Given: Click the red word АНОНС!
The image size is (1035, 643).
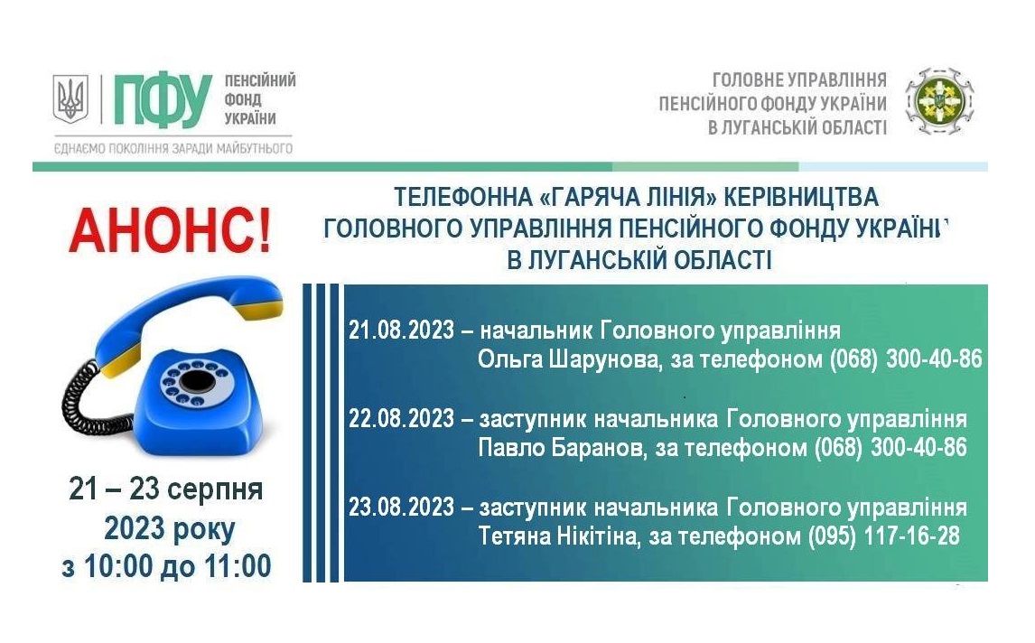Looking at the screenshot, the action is click(171, 231).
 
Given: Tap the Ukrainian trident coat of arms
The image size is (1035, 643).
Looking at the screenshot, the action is click(70, 98).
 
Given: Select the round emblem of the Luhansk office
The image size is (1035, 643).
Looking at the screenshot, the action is click(938, 102).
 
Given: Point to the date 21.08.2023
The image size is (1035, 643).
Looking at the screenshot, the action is click(401, 331).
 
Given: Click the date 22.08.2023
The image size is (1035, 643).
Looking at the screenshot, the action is click(401, 418).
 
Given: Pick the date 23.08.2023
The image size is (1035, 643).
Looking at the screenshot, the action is click(401, 507).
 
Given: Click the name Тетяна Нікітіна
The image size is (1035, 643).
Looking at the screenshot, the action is click(558, 536).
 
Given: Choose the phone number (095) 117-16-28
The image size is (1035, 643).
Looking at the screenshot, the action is click(884, 536).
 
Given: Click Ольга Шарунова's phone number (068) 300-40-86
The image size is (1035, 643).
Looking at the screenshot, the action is click(906, 359).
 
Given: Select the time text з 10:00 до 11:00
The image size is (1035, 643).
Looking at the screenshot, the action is click(166, 566).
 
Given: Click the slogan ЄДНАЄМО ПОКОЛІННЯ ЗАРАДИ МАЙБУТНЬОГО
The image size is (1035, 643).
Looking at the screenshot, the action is click(172, 148).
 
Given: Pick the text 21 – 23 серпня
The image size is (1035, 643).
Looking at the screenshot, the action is click(166, 489).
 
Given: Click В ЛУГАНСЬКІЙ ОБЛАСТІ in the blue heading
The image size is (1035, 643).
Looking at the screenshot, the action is click(639, 260).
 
